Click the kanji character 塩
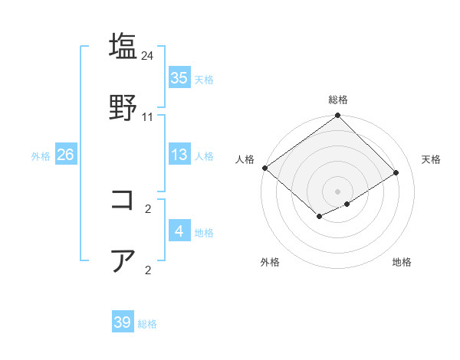coord(123,46)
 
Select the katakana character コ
coord(123,201)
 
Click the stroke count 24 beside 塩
coord(148,56)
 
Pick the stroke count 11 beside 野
coord(148,117)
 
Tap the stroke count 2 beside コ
coord(148,208)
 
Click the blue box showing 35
coord(179,77)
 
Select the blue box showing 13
coord(179,155)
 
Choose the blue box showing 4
coord(179,231)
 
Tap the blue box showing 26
coord(65,155)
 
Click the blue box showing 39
coord(123,322)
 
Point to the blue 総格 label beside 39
coord(147,324)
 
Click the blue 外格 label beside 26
coord(41,156)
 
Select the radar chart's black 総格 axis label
coord(338,100)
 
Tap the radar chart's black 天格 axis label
coord(432,159)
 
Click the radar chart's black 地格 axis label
coord(402,262)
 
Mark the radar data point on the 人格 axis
coord(264,168)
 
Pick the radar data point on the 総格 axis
coord(338,116)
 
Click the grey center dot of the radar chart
coord(338,191)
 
